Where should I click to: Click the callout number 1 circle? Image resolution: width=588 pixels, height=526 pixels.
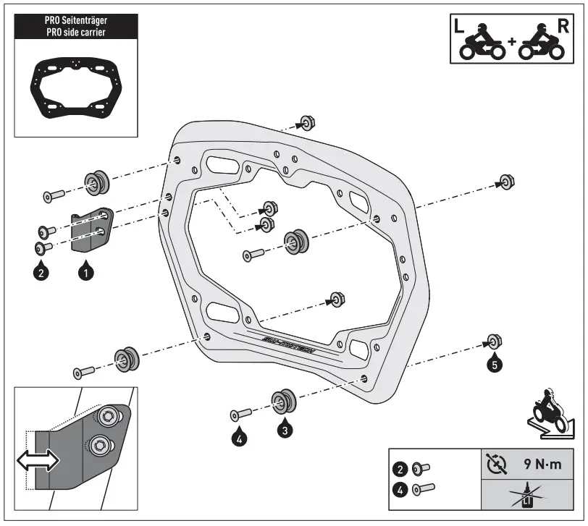coord(85,273)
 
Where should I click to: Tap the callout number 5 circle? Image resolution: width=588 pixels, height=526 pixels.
coord(495,365)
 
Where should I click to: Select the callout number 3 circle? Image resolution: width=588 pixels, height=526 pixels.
coord(286,429)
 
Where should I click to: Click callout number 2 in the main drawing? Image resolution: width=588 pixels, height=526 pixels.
coord(41,273)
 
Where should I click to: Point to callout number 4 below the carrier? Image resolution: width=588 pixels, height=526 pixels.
coord(240,437)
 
